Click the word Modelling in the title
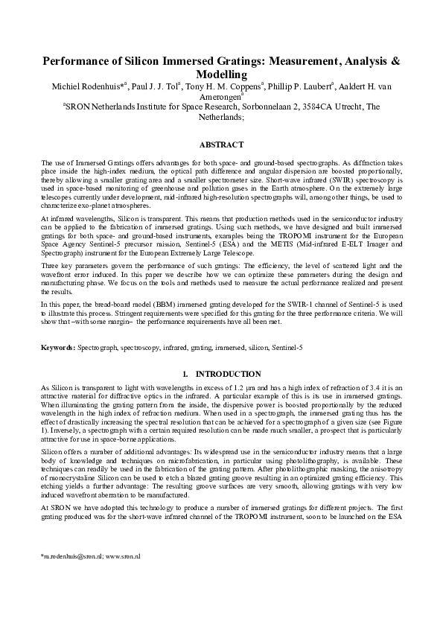pos(221,74)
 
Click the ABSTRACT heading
pos(221,144)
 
